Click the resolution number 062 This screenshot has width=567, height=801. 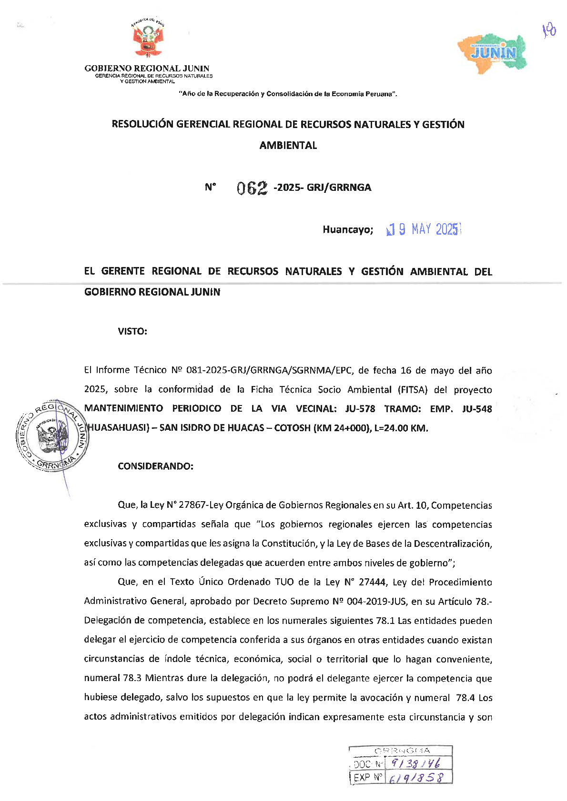(x=252, y=188)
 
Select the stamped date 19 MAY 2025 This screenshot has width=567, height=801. (x=424, y=229)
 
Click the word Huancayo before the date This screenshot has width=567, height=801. (x=348, y=230)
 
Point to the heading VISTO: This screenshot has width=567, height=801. (x=132, y=331)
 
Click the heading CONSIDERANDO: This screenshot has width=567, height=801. (x=155, y=466)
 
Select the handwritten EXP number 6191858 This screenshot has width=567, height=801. (x=416, y=778)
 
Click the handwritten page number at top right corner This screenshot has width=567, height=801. (x=549, y=31)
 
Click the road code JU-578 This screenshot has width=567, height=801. (x=360, y=409)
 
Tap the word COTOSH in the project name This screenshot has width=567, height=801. (x=292, y=428)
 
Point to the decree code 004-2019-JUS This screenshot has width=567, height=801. (x=377, y=601)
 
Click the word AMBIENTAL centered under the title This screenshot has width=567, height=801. (x=288, y=146)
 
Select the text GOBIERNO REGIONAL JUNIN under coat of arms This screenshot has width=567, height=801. (x=147, y=69)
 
